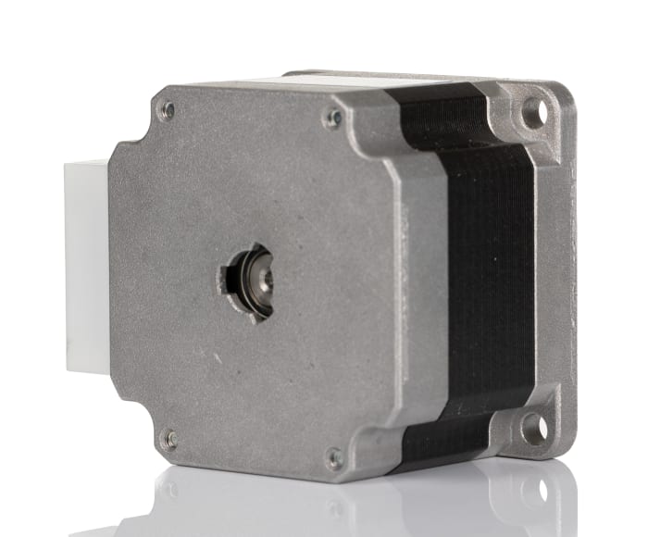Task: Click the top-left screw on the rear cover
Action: tap(167, 110)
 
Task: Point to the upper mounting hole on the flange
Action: tap(533, 113)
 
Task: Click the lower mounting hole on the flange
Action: tap(534, 427)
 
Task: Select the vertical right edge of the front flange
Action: tap(567, 268)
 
